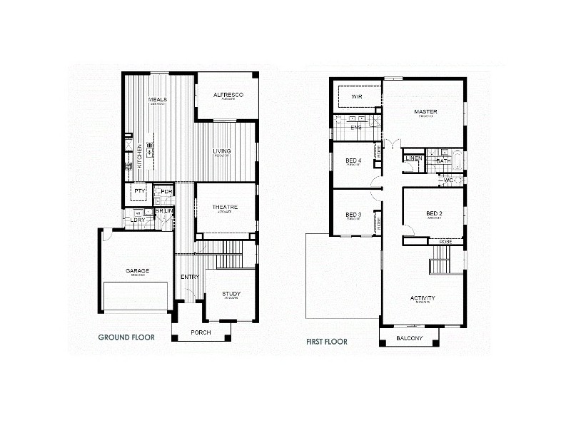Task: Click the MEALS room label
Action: [158, 99]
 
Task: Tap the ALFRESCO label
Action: [229, 95]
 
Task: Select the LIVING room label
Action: [222, 151]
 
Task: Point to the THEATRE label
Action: [225, 207]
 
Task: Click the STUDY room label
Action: [231, 294]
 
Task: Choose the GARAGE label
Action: [137, 271]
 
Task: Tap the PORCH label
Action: [201, 333]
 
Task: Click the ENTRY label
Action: [190, 277]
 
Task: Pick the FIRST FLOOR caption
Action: [327, 342]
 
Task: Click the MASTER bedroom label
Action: [426, 112]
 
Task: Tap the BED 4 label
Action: [353, 161]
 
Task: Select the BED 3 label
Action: [353, 215]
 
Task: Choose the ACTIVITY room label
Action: [423, 298]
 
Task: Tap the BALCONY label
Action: [409, 338]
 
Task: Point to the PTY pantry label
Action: [139, 191]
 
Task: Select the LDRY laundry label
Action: [137, 220]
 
